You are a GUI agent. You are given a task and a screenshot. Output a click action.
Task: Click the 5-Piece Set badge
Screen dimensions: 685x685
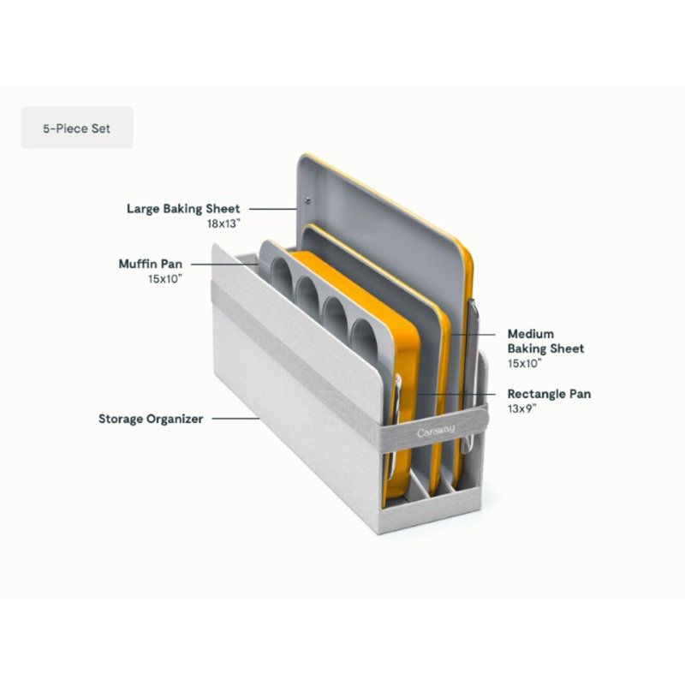tap(77, 128)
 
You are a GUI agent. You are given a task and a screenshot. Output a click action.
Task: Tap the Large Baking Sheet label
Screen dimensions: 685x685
tap(183, 209)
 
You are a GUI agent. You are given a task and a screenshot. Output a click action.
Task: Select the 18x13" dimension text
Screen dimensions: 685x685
tap(223, 223)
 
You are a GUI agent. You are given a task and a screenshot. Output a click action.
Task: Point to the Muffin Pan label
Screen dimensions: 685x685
tap(151, 264)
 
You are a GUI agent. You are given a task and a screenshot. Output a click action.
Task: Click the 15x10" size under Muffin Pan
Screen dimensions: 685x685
tap(165, 279)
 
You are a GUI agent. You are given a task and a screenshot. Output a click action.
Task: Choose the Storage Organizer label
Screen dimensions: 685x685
tap(151, 419)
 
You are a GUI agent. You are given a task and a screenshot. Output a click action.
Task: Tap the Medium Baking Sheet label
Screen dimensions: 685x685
tap(545, 341)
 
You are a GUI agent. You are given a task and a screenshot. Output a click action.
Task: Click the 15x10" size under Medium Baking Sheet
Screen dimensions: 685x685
tap(525, 363)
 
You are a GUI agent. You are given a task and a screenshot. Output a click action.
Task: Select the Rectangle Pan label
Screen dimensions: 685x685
tap(549, 394)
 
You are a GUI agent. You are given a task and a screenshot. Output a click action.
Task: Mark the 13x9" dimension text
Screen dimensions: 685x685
tap(521, 409)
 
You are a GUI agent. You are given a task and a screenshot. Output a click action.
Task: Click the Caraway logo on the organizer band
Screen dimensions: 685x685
tap(436, 432)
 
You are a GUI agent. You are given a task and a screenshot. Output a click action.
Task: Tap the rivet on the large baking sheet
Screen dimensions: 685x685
tap(307, 200)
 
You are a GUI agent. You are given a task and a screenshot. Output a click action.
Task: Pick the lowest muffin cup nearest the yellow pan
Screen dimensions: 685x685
tap(365, 340)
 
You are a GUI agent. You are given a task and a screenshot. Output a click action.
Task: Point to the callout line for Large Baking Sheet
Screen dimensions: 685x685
tap(273, 209)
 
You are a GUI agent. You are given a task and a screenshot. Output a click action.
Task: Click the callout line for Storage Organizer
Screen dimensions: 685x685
tap(236, 419)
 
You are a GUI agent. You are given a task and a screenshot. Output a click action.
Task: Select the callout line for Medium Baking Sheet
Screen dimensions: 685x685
tap(474, 335)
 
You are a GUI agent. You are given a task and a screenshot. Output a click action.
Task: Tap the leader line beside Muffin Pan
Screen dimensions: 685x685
tap(224, 265)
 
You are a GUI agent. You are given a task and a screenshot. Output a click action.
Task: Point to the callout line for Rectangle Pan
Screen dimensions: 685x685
tap(456, 394)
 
